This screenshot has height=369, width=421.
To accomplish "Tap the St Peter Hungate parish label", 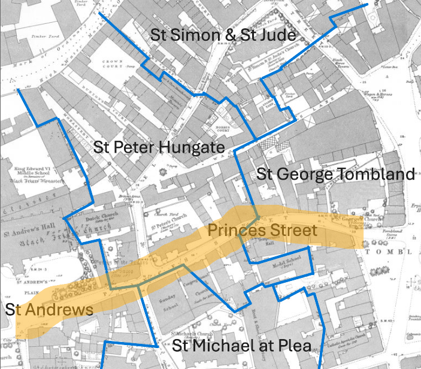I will (159, 147).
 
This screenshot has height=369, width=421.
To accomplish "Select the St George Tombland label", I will (335, 174).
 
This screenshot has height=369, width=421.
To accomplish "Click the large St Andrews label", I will (49, 309).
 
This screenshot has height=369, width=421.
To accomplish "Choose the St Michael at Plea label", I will (241, 346).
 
